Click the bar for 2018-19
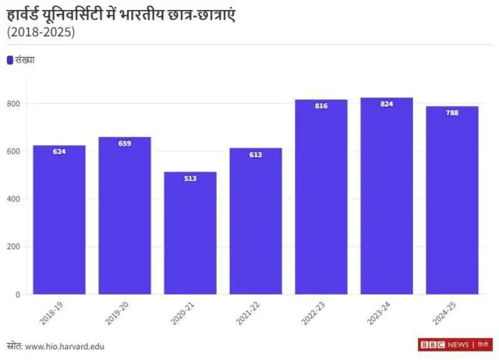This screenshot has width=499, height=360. tap(59, 220)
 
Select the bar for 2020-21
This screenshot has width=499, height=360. tap(190, 233)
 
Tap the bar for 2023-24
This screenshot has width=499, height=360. tap(386, 196)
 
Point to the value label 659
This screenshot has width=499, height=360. tap(125, 143)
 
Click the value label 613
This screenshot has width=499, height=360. tap(256, 154)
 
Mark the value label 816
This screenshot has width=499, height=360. tap(321, 106)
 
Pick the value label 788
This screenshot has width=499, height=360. tap(451, 112)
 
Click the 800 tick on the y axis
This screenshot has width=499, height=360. tap(13, 104)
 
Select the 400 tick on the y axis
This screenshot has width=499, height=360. tap(13, 199)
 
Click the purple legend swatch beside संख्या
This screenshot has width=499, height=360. tap(9, 60)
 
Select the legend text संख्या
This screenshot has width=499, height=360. tap(25, 60)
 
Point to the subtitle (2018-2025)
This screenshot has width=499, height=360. tap(41, 33)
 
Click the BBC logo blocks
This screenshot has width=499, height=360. tap(431, 344)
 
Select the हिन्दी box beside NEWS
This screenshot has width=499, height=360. tap(483, 344)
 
